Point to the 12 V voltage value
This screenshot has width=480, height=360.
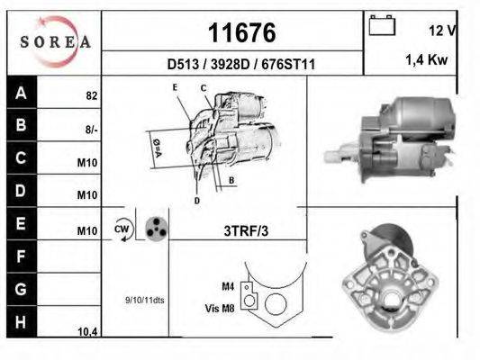point(442,31)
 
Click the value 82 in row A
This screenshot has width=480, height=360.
point(91,94)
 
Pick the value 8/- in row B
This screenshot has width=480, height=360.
point(90,129)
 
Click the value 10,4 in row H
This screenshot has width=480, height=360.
point(87,332)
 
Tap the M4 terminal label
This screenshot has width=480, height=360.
point(228,286)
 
